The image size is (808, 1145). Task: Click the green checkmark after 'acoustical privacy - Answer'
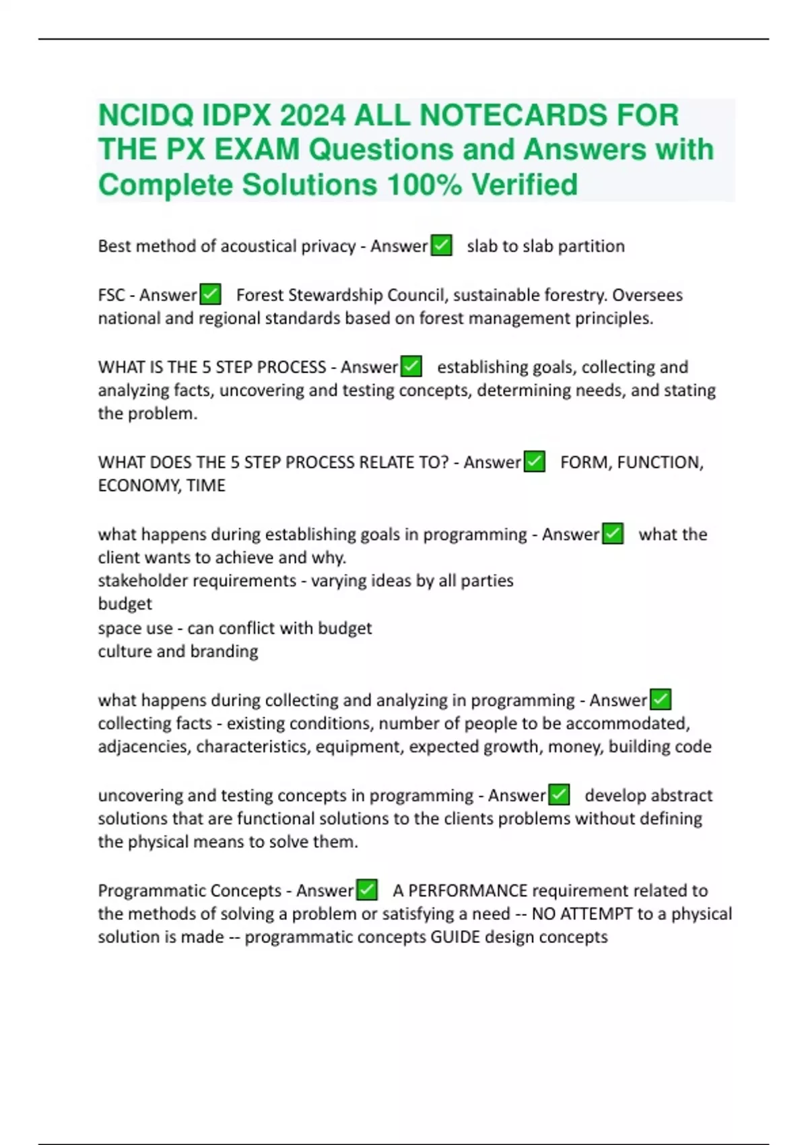pyautogui.click(x=442, y=245)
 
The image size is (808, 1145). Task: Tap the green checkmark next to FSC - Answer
pyautogui.click(x=211, y=294)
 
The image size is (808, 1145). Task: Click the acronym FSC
pyautogui.click(x=111, y=295)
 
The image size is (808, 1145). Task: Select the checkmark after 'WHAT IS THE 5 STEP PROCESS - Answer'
pyautogui.click(x=411, y=366)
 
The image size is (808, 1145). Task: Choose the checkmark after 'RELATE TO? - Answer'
pyautogui.click(x=535, y=461)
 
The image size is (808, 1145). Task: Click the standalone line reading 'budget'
pyautogui.click(x=125, y=603)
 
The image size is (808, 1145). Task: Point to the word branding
pyautogui.click(x=224, y=651)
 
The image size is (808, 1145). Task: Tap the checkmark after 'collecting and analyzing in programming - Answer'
pyautogui.click(x=661, y=699)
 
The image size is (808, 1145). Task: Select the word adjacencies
pyautogui.click(x=143, y=746)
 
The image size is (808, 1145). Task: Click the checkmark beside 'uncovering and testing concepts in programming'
pyautogui.click(x=559, y=795)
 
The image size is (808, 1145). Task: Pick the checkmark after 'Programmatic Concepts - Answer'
pyautogui.click(x=367, y=890)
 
